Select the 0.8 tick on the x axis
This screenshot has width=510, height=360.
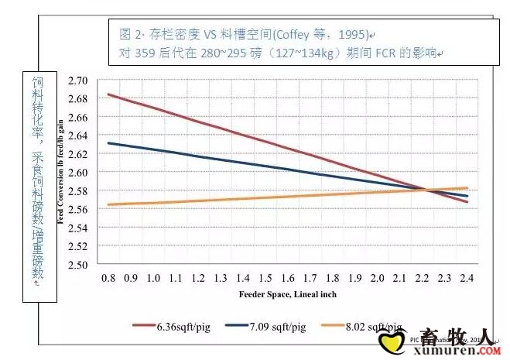pos(108,277)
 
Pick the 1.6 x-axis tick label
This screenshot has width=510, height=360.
pos(288,277)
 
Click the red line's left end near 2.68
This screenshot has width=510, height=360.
pos(108,94)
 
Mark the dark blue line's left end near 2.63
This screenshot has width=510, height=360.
pos(108,142)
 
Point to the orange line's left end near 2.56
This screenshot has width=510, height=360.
pos(108,204)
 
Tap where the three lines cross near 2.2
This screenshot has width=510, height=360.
pos(426,190)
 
